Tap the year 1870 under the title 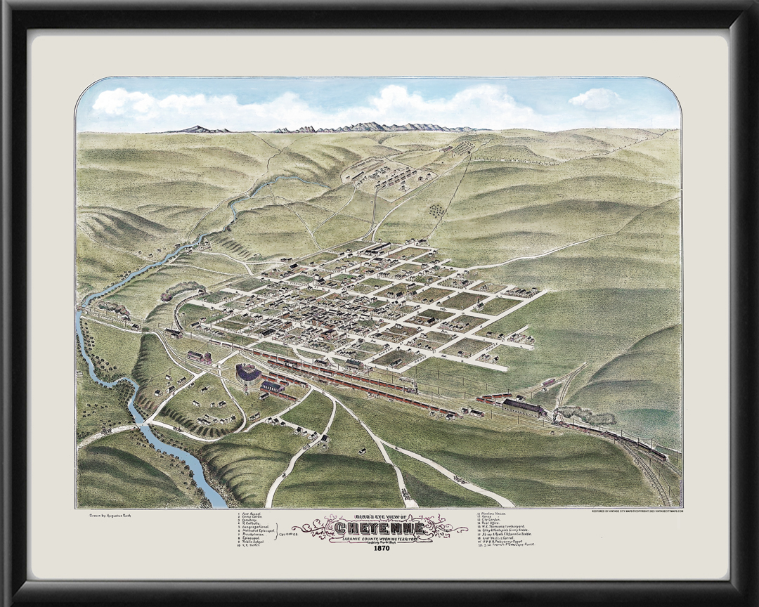click(379, 549)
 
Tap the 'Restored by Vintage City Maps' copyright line click(637, 511)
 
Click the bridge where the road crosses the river click(141, 424)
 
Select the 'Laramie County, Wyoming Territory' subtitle click(379, 539)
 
